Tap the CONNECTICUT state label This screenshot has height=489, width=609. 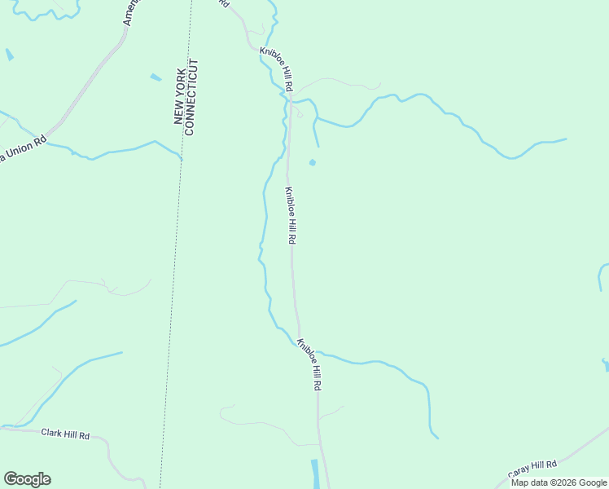(x=192, y=97)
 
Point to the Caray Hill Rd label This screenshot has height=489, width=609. (x=532, y=469)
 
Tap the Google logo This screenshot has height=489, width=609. (x=27, y=479)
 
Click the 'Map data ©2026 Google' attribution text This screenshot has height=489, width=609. (x=559, y=482)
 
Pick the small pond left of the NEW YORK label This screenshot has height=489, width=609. (x=156, y=77)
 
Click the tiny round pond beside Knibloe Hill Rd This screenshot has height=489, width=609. (x=313, y=162)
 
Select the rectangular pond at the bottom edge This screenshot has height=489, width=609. (x=315, y=474)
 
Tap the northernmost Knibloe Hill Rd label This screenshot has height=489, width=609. (x=277, y=69)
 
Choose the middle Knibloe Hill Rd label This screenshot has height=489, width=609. (x=290, y=215)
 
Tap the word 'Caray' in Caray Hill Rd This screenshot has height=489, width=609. (x=519, y=473)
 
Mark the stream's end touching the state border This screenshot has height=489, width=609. (x=182, y=157)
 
